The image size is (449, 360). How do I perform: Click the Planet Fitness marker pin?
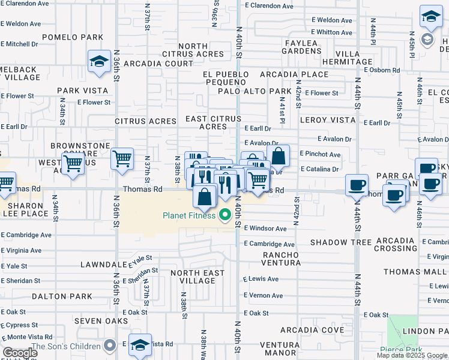tap(226, 215)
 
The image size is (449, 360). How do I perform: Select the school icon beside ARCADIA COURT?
tap(99, 61)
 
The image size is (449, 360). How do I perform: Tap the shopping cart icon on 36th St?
tap(122, 159)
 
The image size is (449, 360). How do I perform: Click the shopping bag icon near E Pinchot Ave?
tap(279, 156)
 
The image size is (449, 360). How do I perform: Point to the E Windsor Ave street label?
tap(265, 229)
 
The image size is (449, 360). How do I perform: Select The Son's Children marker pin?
tap(109, 346)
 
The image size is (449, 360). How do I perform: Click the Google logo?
tap(20, 353)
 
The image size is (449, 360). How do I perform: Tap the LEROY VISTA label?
tap(328, 120)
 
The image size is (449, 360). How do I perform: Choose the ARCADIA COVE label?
tap(312, 330)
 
